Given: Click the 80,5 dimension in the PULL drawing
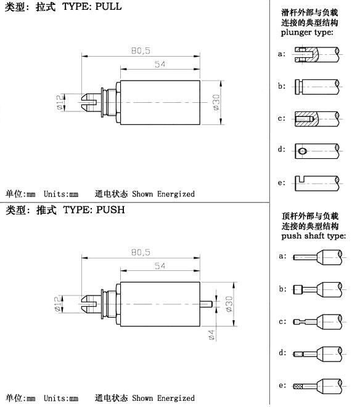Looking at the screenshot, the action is pos(141,50).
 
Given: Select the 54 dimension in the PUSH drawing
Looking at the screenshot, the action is pos(160,266).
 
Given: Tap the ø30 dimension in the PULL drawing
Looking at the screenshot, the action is pos(216,103).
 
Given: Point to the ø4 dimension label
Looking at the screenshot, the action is pos(211,335).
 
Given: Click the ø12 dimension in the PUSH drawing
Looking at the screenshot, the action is pos(58,304).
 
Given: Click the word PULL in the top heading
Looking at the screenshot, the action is pos(108,7).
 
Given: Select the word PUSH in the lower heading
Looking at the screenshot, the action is pos(111,210).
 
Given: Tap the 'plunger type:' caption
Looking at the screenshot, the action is pos(307,33).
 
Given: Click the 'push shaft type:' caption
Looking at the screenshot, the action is pos(314,236).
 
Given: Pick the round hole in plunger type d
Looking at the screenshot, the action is pos(302,151).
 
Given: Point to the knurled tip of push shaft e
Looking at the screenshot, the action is pos(298,386).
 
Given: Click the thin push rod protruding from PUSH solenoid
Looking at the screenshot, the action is pos(206,304).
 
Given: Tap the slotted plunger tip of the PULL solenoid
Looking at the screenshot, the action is pos(89,103).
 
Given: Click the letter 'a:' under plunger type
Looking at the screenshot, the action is pos(282,54).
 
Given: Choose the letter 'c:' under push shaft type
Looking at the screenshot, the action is pos(282,321).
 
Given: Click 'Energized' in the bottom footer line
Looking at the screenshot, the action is pos(176,398).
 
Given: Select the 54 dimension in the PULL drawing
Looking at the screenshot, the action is pos(160,64).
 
